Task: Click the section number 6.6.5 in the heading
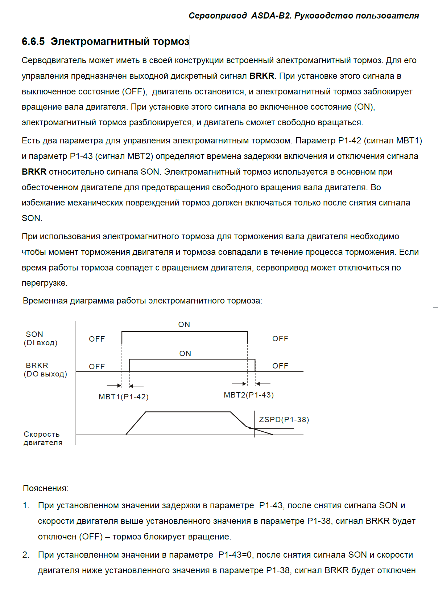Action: [33, 42]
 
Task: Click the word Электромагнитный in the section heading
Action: [100, 42]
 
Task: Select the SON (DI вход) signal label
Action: [40, 338]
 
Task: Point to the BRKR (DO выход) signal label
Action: [45, 370]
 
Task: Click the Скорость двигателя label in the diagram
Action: [43, 438]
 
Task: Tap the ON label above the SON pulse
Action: [184, 325]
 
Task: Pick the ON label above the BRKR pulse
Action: [185, 354]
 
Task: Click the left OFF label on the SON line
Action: [97, 339]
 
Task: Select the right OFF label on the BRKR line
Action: [280, 366]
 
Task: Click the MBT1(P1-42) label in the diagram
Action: [124, 397]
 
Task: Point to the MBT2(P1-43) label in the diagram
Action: [249, 395]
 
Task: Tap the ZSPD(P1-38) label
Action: [284, 420]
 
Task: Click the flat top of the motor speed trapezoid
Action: [188, 412]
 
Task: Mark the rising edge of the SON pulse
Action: [122, 338]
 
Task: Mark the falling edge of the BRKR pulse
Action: [255, 365]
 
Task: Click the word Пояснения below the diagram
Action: [45, 488]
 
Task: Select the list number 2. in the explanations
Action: [26, 555]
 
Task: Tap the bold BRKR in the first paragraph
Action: [262, 76]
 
